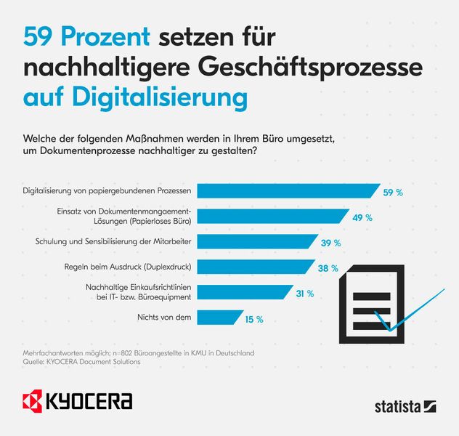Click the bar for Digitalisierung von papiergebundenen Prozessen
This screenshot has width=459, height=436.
(288, 191)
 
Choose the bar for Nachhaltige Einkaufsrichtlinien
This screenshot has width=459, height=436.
(244, 292)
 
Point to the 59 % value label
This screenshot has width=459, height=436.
(393, 192)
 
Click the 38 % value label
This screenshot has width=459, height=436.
(328, 268)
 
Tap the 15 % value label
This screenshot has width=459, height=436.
(253, 318)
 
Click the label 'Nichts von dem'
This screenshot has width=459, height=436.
(164, 318)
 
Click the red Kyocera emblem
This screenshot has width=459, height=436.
(34, 401)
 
